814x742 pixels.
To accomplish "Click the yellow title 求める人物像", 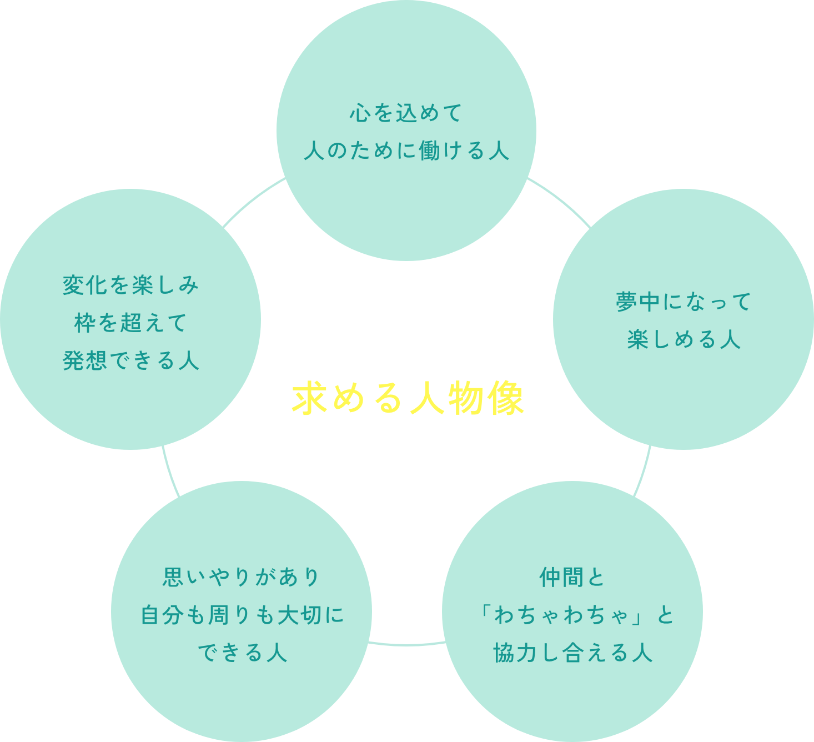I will click(408, 398).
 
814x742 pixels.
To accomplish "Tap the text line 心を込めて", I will click(406, 113).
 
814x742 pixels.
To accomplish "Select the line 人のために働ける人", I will click(406, 151).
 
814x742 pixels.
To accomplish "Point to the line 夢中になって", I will click(684, 302).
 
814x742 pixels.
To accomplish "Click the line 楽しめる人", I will click(684, 339).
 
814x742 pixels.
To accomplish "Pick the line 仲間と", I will click(572, 578).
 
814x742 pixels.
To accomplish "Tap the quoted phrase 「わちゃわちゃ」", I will click(564, 615).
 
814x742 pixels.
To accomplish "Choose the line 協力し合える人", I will click(572, 653).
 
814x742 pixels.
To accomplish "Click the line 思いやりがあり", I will click(242, 577).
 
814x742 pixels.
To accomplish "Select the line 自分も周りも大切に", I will click(242, 615).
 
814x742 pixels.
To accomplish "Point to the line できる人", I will click(242, 653).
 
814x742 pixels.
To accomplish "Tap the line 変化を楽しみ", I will click(130, 285).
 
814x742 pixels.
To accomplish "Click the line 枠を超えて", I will click(130, 323).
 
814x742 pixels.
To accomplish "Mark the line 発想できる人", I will click(130, 360).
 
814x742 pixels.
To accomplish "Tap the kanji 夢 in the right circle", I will click(626, 302).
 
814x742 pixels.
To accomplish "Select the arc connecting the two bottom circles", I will click(407, 644).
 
